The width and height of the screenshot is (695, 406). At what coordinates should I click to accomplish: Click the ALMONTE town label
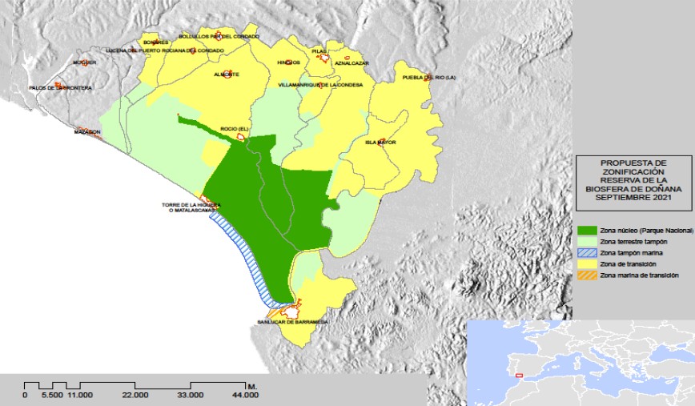coord(227,74)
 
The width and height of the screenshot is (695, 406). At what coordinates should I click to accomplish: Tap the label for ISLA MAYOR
coord(381,143)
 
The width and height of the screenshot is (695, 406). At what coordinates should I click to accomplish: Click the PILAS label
coord(320,50)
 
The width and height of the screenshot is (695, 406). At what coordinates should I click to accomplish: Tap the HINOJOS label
coord(288,62)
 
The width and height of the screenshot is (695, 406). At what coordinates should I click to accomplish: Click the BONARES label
coord(154,42)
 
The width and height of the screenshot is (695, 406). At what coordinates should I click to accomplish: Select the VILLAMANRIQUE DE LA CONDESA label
coord(320,84)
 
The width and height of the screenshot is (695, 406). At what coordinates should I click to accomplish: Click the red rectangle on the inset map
coord(519,374)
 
